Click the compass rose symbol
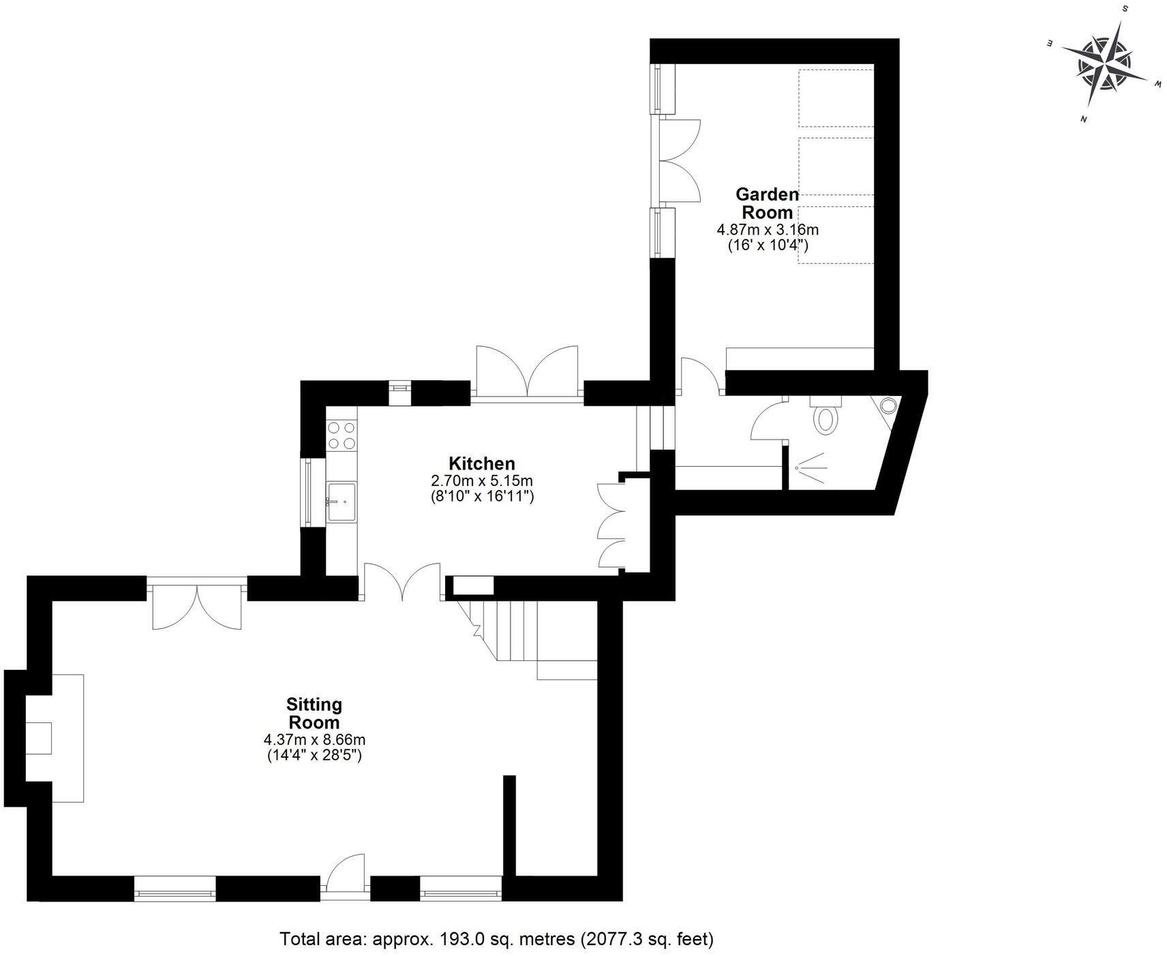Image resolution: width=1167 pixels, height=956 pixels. (1104, 65)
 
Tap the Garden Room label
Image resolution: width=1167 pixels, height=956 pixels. (767, 203)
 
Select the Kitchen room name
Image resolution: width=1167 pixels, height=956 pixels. (481, 463)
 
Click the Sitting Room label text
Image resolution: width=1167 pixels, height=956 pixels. (314, 713)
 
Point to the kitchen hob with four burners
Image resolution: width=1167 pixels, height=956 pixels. (341, 435)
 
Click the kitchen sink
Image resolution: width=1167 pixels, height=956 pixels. (342, 501)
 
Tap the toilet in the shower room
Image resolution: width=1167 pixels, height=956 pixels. (826, 416)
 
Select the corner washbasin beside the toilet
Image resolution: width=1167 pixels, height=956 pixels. (888, 405)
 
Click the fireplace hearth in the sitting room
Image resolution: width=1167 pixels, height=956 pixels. (68, 737)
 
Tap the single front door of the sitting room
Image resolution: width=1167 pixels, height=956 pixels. (346, 874)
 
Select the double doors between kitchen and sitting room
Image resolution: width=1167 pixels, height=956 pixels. (402, 581)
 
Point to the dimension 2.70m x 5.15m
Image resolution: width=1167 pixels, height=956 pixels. (482, 480)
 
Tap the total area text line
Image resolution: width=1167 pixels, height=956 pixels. (496, 939)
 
